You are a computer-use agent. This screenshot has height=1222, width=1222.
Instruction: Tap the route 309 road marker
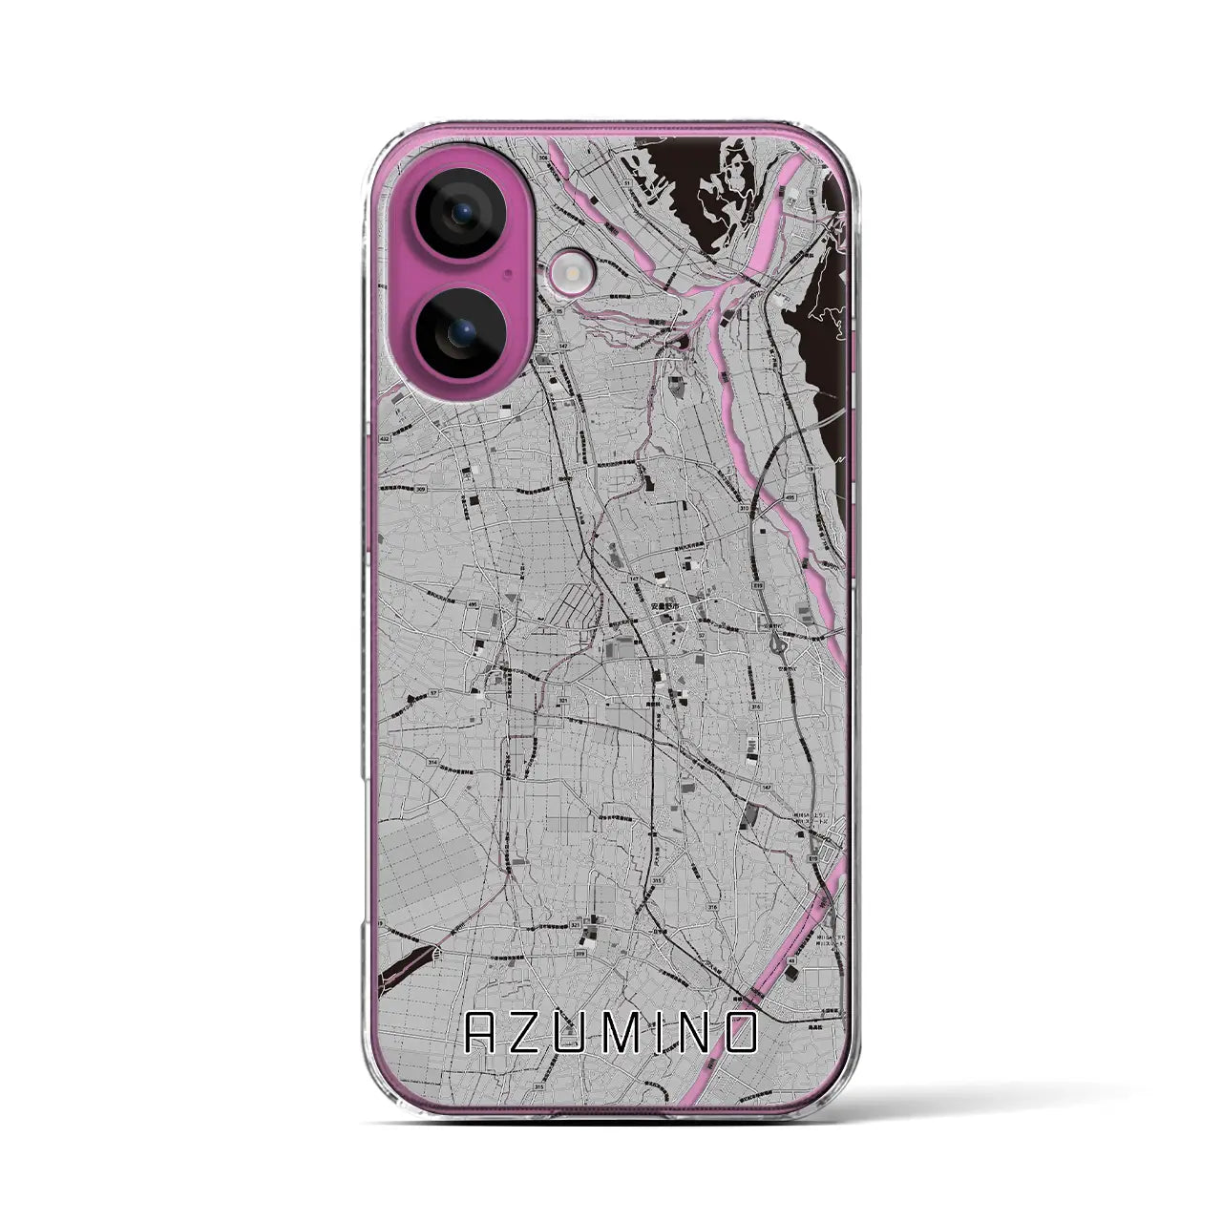coord(421,490)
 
